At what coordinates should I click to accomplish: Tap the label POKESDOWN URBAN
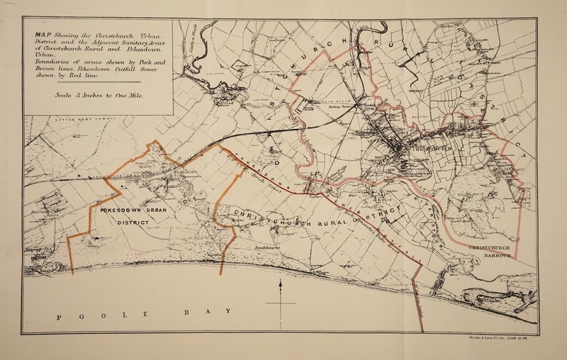(133, 211)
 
